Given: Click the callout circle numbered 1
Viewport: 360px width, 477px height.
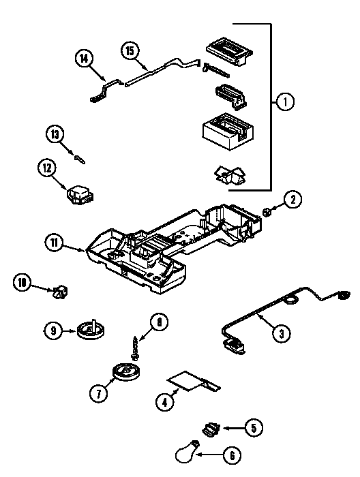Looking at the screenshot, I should coord(285,102).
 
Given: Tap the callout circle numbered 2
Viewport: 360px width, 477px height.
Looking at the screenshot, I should coord(292,200).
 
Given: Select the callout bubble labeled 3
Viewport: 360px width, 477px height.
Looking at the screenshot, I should coord(279,333).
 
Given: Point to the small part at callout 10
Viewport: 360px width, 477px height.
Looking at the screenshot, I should coord(62,293).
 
